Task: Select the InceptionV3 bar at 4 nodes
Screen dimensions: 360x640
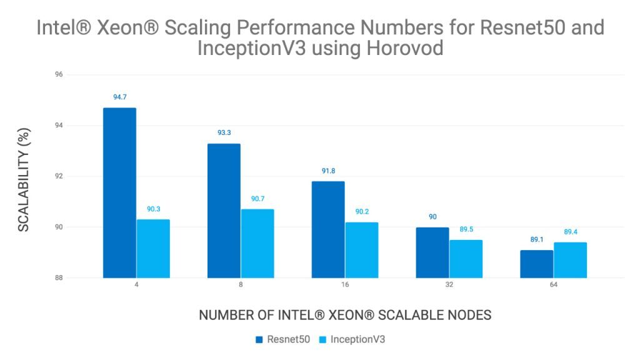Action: point(153,248)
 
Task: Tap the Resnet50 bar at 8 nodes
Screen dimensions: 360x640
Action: point(224,211)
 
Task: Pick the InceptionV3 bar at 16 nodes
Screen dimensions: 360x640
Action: point(361,250)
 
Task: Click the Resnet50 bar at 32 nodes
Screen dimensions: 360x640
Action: point(432,252)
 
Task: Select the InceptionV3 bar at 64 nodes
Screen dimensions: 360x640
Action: point(570,260)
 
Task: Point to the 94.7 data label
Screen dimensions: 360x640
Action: point(119,97)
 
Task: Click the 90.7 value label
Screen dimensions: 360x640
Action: point(257,199)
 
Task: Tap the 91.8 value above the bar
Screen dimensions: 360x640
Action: point(328,171)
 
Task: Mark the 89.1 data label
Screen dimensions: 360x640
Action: point(536,240)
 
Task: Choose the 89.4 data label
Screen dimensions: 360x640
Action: point(570,232)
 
